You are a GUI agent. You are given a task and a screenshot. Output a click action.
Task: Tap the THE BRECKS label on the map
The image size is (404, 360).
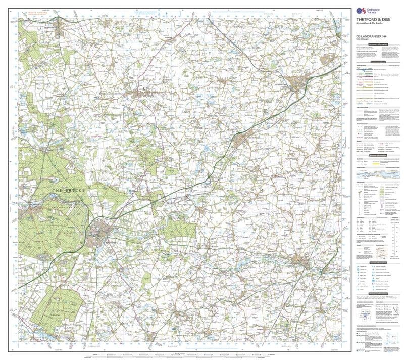point(71,190)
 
